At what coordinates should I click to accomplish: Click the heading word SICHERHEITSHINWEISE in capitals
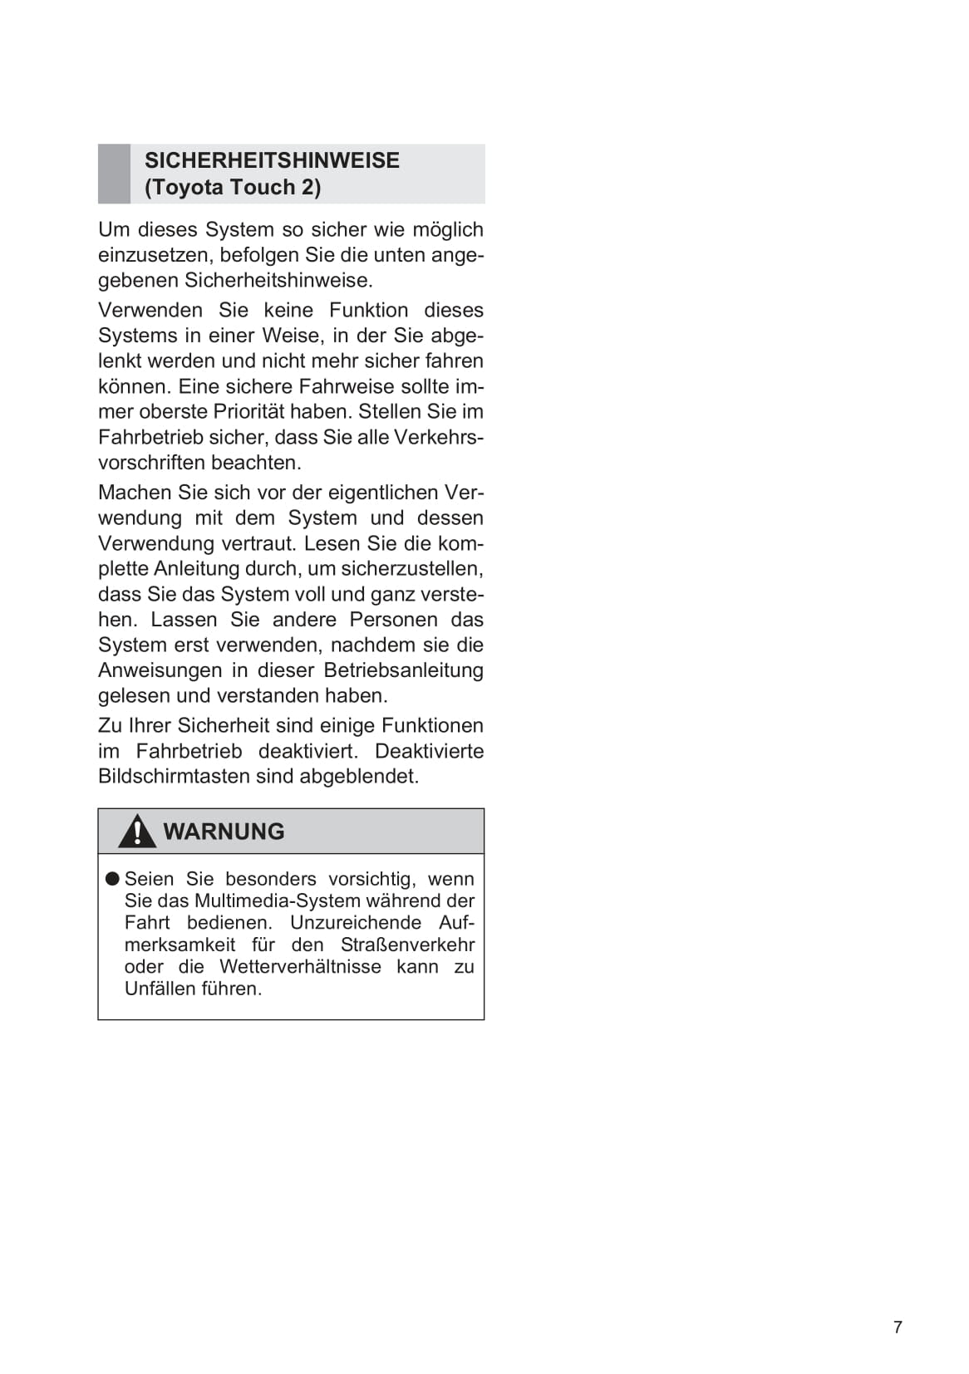pyautogui.click(x=272, y=160)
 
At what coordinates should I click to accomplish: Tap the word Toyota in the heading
pyautogui.click(x=187, y=187)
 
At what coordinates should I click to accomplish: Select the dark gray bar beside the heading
pyautogui.click(x=114, y=174)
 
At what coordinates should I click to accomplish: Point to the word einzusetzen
pyautogui.click(x=155, y=255)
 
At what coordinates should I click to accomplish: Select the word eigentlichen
pyautogui.click(x=382, y=493)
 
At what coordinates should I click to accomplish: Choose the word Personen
pyautogui.click(x=393, y=620)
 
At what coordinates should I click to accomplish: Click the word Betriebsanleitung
pyautogui.click(x=403, y=670)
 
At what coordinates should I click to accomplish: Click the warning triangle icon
pyautogui.click(x=136, y=832)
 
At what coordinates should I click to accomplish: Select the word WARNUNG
pyautogui.click(x=224, y=832)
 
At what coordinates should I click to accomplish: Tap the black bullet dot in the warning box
pyautogui.click(x=112, y=879)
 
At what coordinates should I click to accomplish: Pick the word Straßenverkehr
pyautogui.click(x=407, y=945)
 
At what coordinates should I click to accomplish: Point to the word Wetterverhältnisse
pyautogui.click(x=300, y=967)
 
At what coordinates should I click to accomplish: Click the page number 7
pyautogui.click(x=898, y=1327)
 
